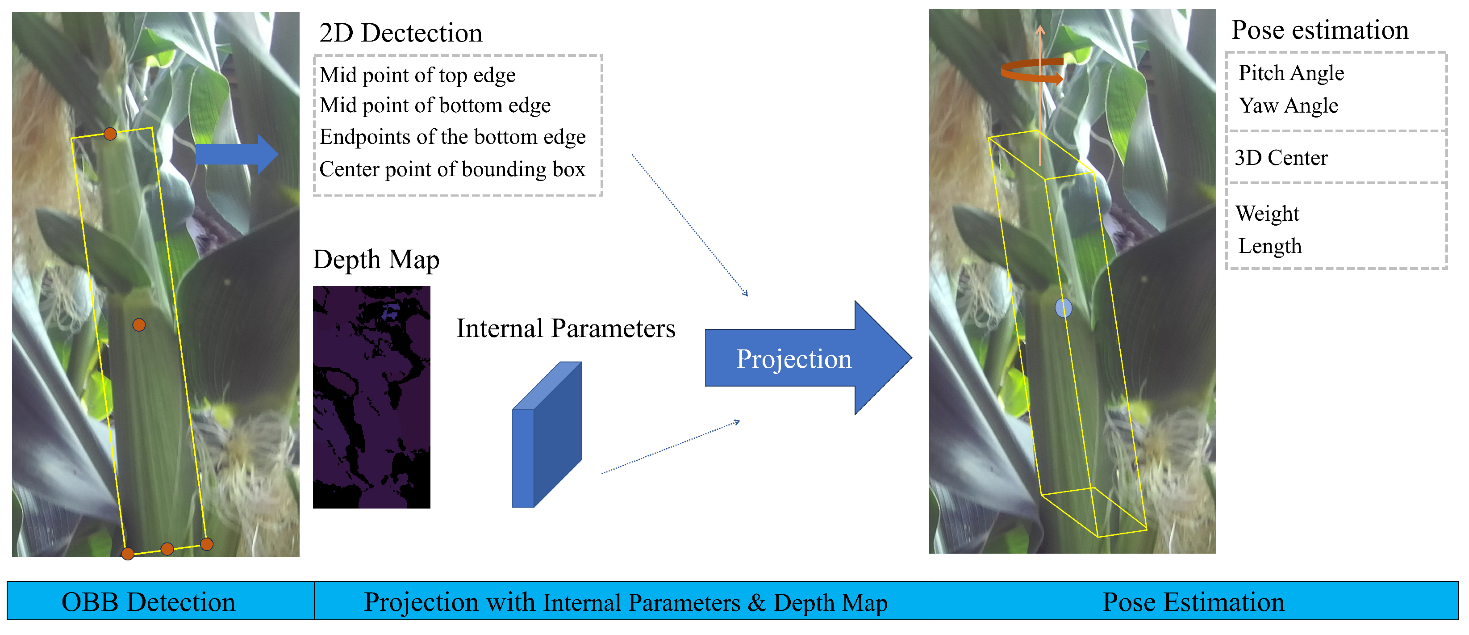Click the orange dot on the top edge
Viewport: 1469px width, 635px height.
pyautogui.click(x=110, y=134)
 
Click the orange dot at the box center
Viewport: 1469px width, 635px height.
pyautogui.click(x=138, y=324)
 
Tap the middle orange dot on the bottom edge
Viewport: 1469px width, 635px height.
pyautogui.click(x=167, y=549)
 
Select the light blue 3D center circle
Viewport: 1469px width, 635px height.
pyautogui.click(x=1063, y=308)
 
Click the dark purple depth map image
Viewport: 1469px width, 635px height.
pyautogui.click(x=371, y=396)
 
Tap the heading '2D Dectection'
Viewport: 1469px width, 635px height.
pyautogui.click(x=401, y=33)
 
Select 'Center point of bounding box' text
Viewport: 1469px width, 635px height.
pyautogui.click(x=452, y=169)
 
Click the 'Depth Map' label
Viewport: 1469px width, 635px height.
pyautogui.click(x=376, y=260)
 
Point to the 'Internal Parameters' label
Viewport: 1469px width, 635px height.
pyautogui.click(x=566, y=328)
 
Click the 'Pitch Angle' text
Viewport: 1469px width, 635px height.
pyautogui.click(x=1291, y=73)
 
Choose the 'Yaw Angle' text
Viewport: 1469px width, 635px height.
pyautogui.click(x=1288, y=105)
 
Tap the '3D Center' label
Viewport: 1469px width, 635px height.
pyautogui.click(x=1281, y=157)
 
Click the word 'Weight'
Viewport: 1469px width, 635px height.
pyautogui.click(x=1267, y=213)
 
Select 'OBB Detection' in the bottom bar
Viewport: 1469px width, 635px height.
pyautogui.click(x=148, y=602)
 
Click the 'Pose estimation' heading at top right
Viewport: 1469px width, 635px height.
pyautogui.click(x=1319, y=30)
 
